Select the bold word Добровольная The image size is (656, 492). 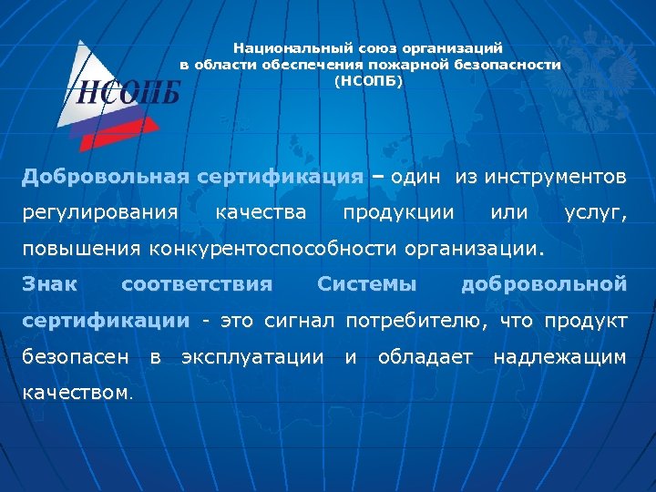pyautogui.click(x=105, y=176)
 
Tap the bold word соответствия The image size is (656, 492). pyautogui.click(x=197, y=284)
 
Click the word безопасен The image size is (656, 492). pyautogui.click(x=75, y=357)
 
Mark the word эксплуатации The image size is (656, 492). pyautogui.click(x=252, y=357)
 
